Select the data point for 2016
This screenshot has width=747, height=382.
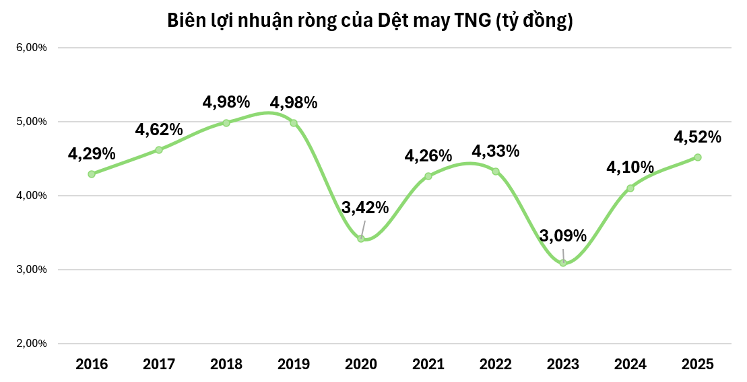coord(92,174)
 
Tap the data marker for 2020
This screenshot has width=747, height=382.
coord(361,239)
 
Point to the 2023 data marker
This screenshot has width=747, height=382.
coord(563,263)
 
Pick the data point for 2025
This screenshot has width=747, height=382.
coord(698,157)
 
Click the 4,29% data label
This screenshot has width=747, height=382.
coord(92,154)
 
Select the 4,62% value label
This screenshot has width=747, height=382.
coord(159,130)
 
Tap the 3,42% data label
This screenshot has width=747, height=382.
coord(365,208)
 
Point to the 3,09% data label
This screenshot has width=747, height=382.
coord(563,236)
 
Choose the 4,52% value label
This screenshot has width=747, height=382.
coord(698,137)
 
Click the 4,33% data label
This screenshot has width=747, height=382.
coord(496,151)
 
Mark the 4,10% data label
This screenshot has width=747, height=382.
coord(630,167)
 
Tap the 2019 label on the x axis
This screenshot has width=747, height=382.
coord(294,365)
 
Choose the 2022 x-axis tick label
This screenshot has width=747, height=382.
coord(496,365)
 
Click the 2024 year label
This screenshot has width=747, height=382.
coord(630,365)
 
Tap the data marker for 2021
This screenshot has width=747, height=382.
coord(428,176)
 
